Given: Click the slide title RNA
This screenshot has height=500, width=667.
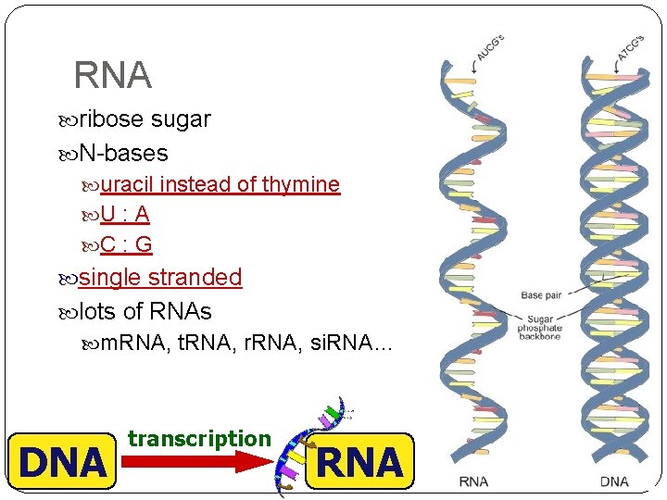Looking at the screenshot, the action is pyautogui.click(x=112, y=75).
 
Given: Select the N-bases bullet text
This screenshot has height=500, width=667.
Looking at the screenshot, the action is pyautogui.click(x=123, y=152).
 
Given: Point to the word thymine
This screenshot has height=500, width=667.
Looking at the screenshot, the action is pyautogui.click(x=301, y=184).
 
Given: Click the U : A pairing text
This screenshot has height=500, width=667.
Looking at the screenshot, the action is pyautogui.click(x=125, y=215).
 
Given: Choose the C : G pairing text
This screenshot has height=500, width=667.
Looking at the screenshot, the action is pyautogui.click(x=126, y=245).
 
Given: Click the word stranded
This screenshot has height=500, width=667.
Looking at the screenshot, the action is pyautogui.click(x=195, y=277).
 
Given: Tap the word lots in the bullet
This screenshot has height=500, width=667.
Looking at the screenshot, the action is pyautogui.click(x=99, y=312).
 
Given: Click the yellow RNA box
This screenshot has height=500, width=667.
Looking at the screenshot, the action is pyautogui.click(x=359, y=461).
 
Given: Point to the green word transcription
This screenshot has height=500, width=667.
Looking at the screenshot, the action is pyautogui.click(x=199, y=439).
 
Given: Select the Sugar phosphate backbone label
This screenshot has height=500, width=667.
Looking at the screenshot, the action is pyautogui.click(x=539, y=327).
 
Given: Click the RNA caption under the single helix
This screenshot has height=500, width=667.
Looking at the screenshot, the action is pyautogui.click(x=473, y=481).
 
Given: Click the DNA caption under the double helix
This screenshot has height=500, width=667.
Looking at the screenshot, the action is pyautogui.click(x=614, y=481).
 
